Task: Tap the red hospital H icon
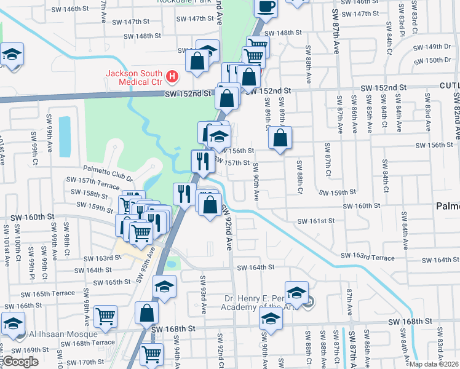click(x=173, y=76)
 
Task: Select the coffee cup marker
click(x=265, y=7)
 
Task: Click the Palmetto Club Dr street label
click(x=108, y=169)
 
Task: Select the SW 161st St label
click(x=315, y=221)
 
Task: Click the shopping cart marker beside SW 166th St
click(x=106, y=316)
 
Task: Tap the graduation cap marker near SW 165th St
click(x=164, y=287)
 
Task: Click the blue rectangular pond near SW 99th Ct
click(x=65, y=129)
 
